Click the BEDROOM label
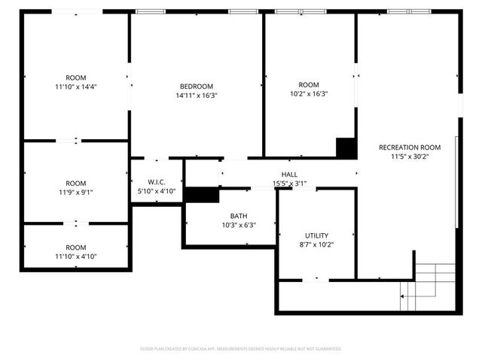pos(196,86)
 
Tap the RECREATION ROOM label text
pos(410,147)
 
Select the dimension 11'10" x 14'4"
pos(75,86)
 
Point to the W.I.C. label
pos(157,182)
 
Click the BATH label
pos(239,216)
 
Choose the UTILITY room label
pos(316,235)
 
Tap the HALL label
pos(289,174)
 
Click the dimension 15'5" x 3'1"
pos(289,183)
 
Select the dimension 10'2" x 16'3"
pos(309,94)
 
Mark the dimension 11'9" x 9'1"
pos(75,193)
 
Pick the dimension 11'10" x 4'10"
pos(75,256)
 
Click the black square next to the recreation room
pos(346,147)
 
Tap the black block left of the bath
pos(200,195)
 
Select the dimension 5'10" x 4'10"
pos(157,192)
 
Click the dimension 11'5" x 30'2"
pos(410,157)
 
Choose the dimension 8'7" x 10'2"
pos(316,244)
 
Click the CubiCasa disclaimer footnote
pos(241,349)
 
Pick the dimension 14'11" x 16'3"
pos(196,96)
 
